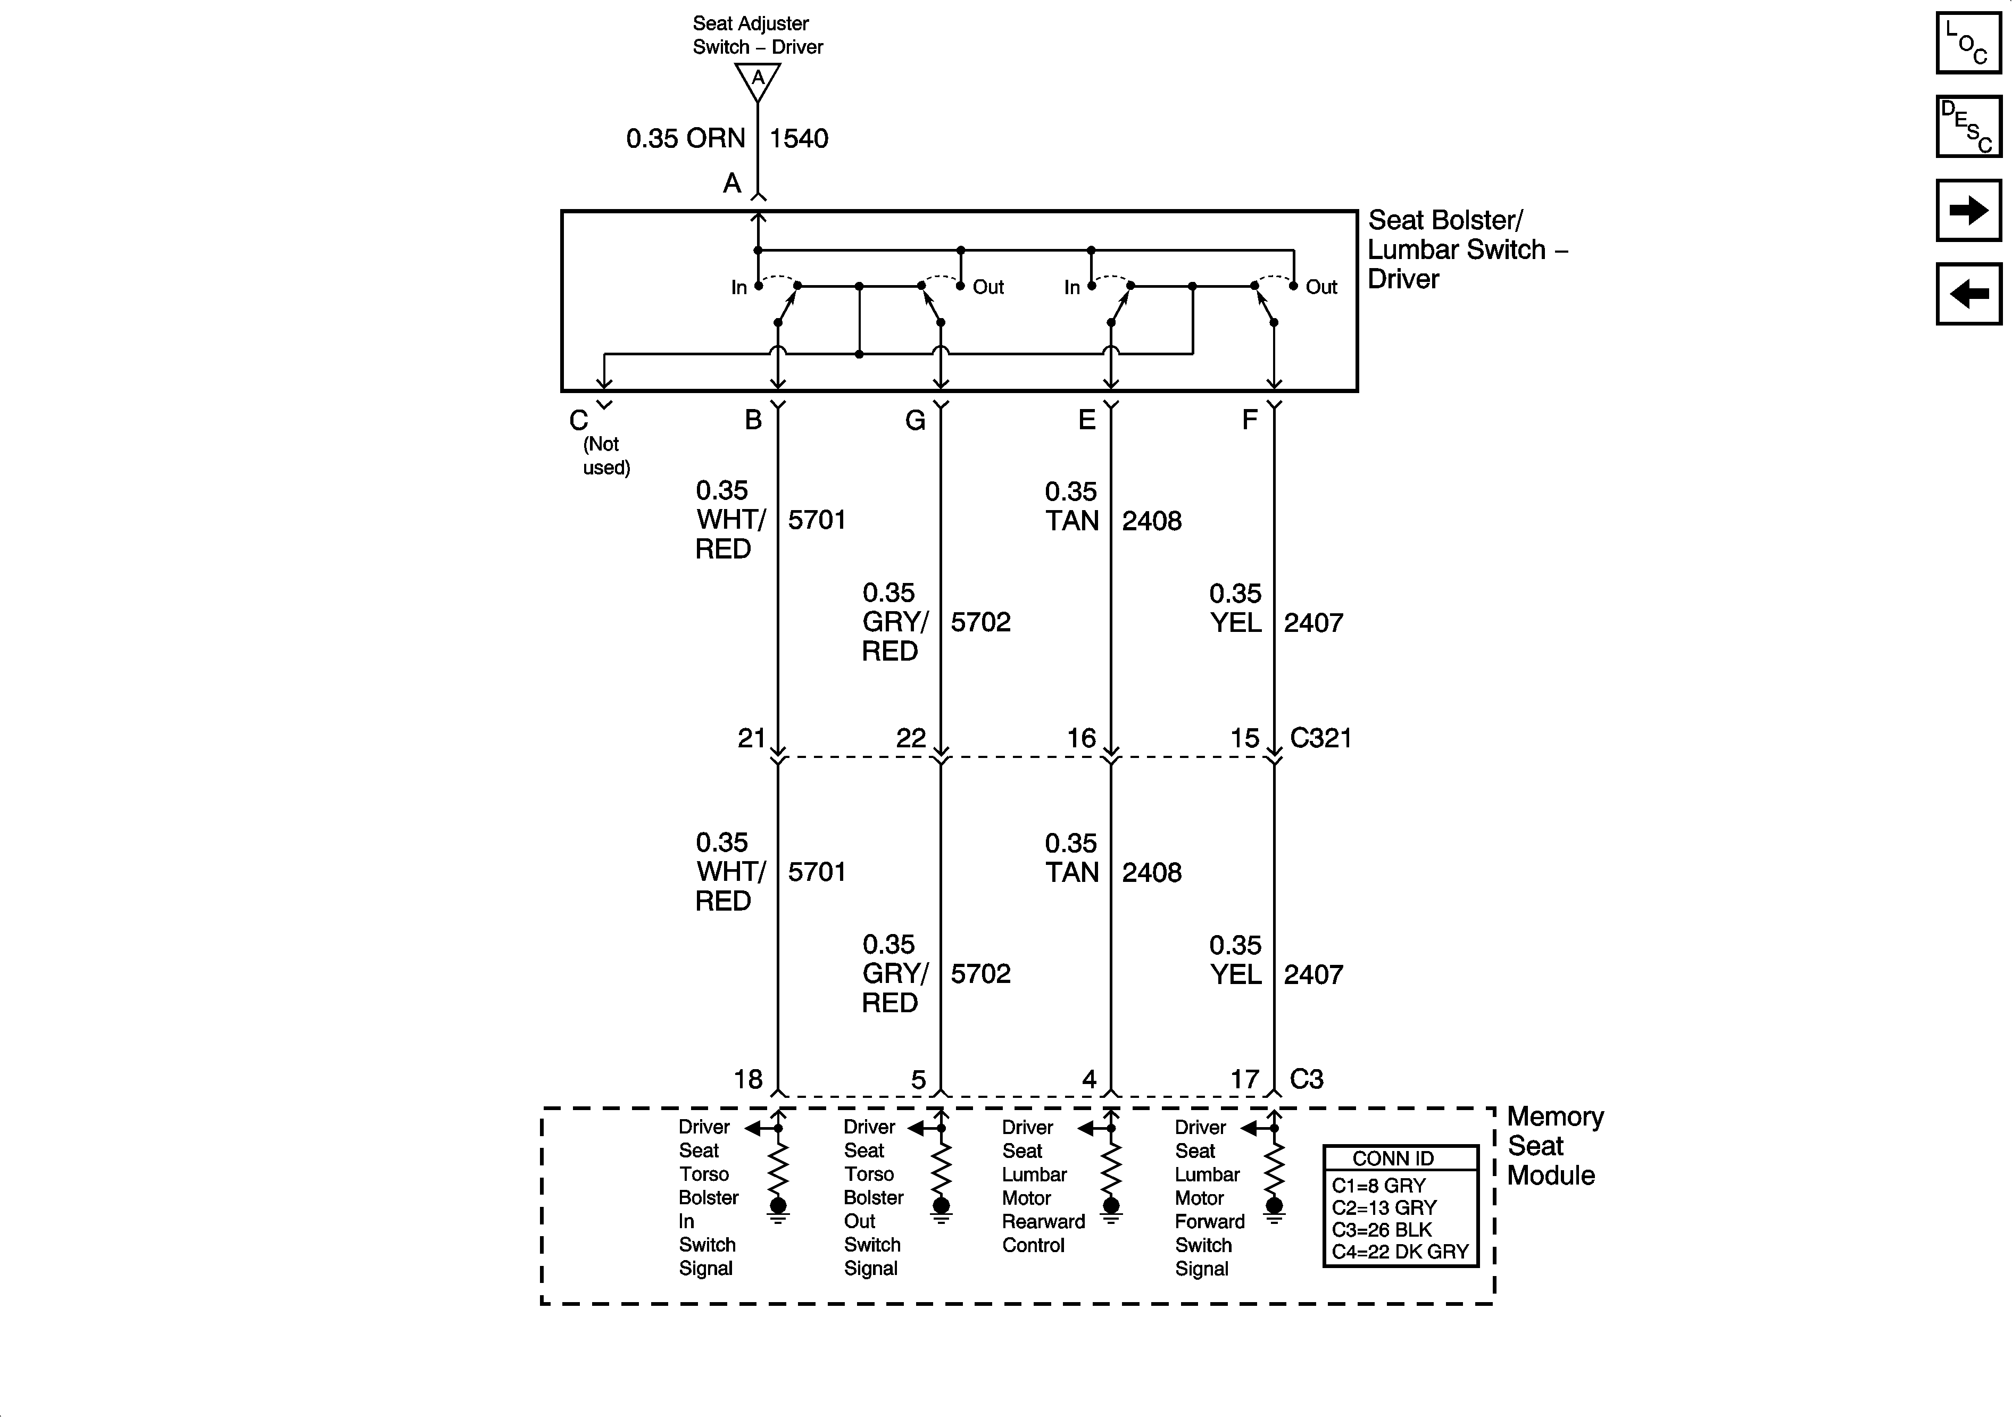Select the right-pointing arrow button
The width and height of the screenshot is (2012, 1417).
(x=1969, y=210)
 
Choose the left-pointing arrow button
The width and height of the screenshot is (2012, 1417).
(x=1969, y=294)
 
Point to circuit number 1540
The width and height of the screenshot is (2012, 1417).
(x=799, y=138)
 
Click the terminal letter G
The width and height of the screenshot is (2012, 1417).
(x=915, y=421)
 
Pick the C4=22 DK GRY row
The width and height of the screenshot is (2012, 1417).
(x=1400, y=1252)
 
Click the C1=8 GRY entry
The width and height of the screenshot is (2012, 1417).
(x=1378, y=1186)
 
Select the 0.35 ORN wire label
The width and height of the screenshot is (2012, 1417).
(x=685, y=138)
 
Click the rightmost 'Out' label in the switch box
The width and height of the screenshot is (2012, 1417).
(x=1321, y=287)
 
